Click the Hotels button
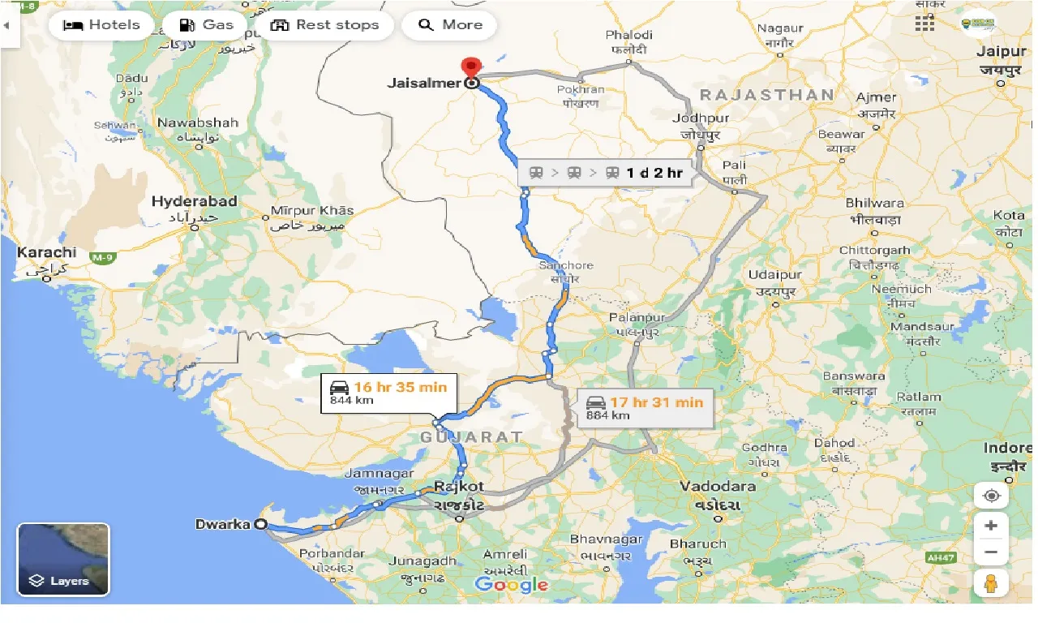coord(101,25)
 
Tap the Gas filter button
coord(206,25)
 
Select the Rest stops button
coord(324,25)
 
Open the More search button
coord(449,25)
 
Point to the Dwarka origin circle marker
coord(261,524)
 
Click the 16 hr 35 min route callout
coord(389,393)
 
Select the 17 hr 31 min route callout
coord(646,408)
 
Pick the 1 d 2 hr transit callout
coord(605,172)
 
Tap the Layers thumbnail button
coord(63,560)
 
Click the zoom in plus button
coord(991,526)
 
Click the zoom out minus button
coord(991,552)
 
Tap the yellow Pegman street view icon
coord(991,582)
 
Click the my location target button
coord(991,496)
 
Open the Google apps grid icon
coord(924,24)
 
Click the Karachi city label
coord(46,252)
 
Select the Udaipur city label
coord(775,275)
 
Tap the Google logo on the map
coord(512,584)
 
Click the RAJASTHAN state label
coord(766,95)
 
